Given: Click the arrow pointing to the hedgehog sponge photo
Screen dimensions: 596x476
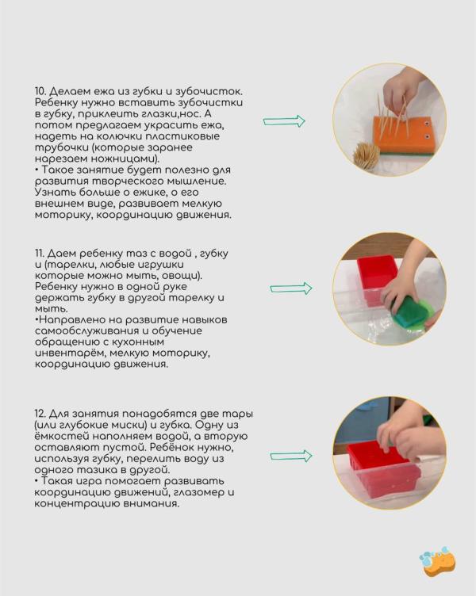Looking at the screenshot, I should [284, 121].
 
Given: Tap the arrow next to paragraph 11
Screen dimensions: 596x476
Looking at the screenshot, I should [290, 288].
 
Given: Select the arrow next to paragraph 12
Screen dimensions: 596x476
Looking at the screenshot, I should [290, 456].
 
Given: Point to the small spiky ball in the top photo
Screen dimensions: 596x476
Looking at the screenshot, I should [366, 155].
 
